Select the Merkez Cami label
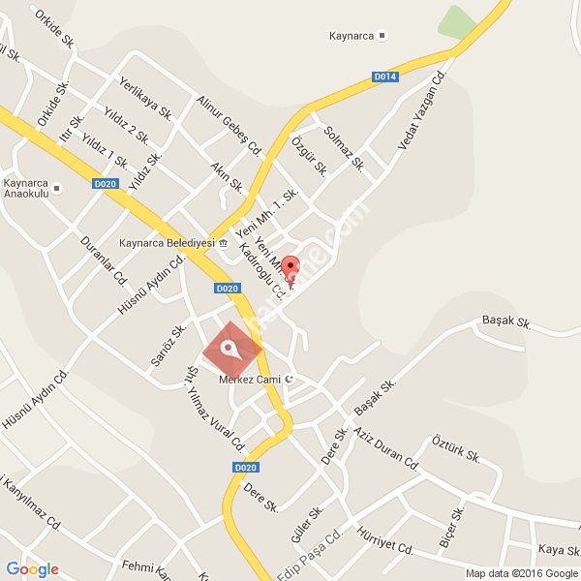[x=249, y=378]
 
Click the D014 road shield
[x=385, y=76]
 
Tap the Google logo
[x=32, y=569]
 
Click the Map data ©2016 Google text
[x=522, y=573]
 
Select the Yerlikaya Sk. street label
[x=145, y=96]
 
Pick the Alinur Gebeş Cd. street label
[x=229, y=126]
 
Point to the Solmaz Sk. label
[x=345, y=149]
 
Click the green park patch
[x=457, y=23]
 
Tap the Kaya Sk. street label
[x=559, y=549]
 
